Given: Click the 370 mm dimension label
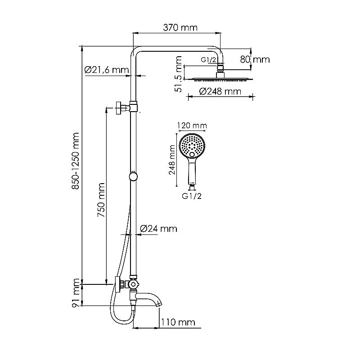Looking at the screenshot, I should point(179,28).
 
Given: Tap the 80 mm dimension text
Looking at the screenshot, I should point(255,59).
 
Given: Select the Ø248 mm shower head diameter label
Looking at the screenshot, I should point(220,92).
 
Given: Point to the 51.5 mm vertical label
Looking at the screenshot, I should point(179,74).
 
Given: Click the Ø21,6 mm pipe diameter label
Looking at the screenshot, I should point(106,70).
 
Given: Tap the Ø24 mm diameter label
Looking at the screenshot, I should point(158,229).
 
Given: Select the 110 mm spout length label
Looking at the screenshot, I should point(179,322).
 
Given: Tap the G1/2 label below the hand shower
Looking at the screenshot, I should point(191,196).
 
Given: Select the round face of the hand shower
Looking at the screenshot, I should point(193,144).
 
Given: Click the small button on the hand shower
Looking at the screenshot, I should point(193,155).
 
